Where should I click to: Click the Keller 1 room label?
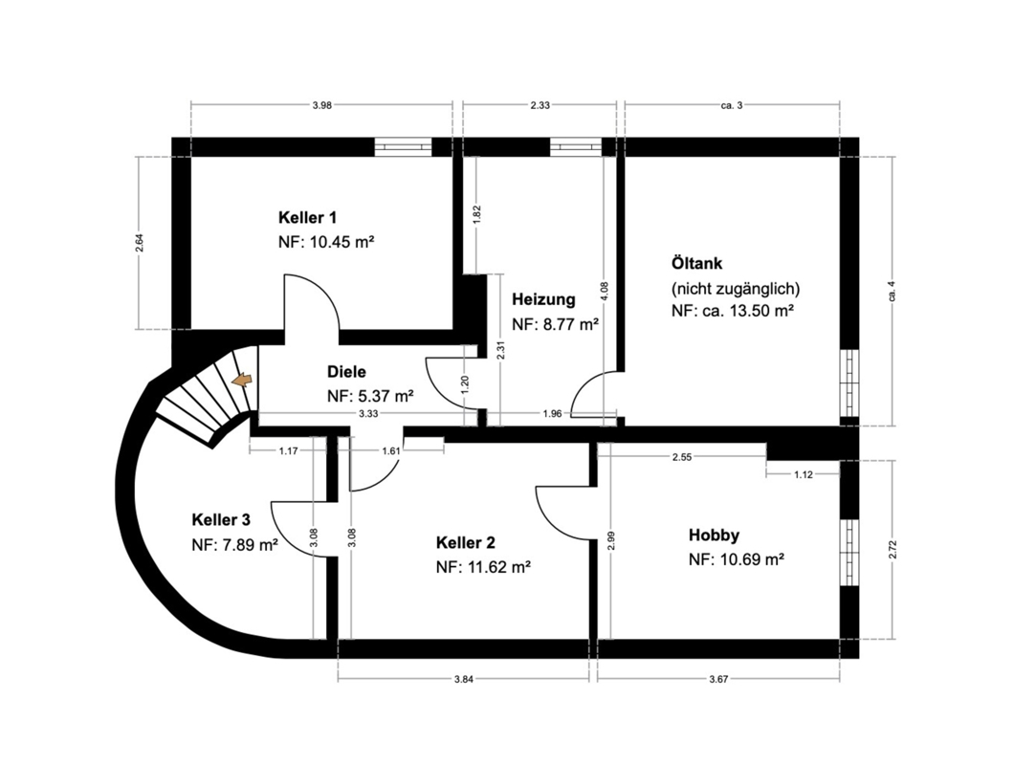(x=307, y=217)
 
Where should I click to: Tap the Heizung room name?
(x=543, y=299)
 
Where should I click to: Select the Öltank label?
(x=696, y=263)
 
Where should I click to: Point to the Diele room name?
(x=346, y=372)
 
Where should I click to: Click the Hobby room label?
(x=714, y=535)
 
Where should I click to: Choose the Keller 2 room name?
(x=466, y=542)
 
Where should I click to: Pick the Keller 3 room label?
(x=221, y=520)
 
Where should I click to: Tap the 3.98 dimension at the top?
(x=322, y=105)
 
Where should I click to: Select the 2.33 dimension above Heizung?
(x=540, y=105)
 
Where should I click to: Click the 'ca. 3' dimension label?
(x=732, y=105)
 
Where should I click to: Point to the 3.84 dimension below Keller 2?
(x=464, y=679)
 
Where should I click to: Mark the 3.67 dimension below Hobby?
(x=718, y=679)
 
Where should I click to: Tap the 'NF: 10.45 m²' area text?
(x=326, y=242)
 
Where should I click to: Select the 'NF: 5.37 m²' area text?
(x=370, y=396)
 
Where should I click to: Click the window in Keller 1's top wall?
(x=404, y=147)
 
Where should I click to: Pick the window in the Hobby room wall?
(x=849, y=552)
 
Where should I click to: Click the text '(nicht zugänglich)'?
(x=736, y=288)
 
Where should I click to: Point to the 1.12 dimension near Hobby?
(x=804, y=474)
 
